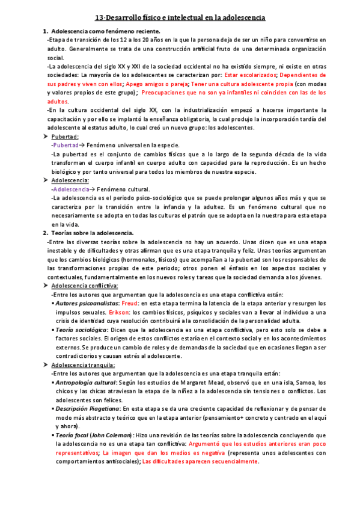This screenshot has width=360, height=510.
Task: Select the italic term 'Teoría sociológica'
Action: point(82,330)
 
